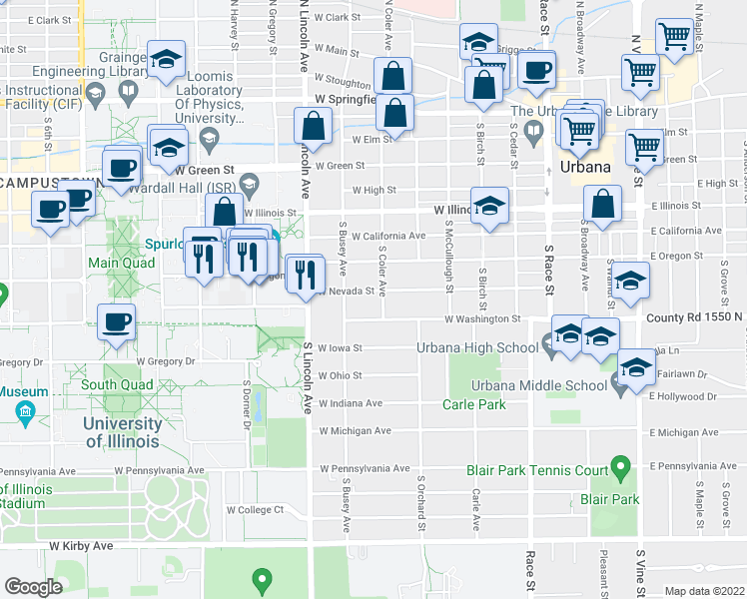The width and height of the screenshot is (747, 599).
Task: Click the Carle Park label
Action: (474, 404)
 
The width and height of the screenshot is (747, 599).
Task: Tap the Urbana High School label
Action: (490, 347)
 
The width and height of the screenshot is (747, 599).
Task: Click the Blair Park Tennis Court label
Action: (537, 469)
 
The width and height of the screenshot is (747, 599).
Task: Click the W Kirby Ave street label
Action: (82, 546)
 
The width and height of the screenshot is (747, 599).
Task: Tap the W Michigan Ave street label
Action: (355, 431)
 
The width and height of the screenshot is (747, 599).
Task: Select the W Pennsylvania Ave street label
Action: (365, 468)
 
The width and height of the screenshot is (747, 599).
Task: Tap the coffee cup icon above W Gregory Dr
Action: (117, 322)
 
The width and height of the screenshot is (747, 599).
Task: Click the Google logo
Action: (34, 587)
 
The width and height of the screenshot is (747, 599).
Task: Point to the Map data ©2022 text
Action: (704, 591)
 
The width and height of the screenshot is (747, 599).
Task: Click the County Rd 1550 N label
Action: (695, 317)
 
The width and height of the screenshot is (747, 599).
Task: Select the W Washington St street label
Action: (484, 319)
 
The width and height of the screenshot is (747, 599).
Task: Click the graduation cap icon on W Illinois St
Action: (489, 207)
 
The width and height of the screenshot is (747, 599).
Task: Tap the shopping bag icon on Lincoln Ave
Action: (314, 126)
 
